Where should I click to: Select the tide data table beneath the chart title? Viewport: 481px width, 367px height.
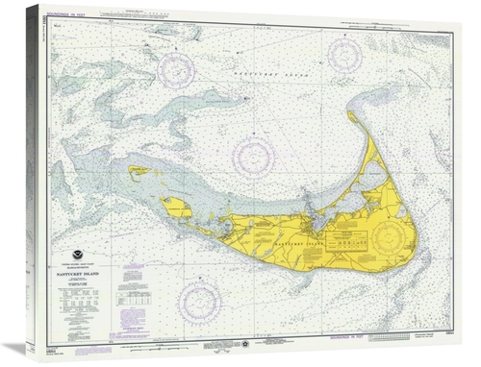tap(83, 308)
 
